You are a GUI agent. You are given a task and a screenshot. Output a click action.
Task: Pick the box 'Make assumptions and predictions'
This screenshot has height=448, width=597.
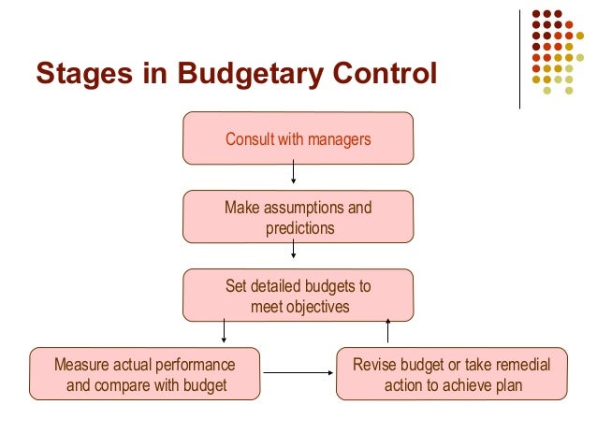tap(298, 216)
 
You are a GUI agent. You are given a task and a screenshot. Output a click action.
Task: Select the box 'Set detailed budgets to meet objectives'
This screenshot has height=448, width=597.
tap(298, 295)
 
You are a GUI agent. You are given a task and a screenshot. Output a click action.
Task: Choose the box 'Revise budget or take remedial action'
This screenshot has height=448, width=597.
tap(451, 374)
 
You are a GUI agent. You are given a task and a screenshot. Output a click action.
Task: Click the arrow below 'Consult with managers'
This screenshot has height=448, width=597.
tap(294, 173)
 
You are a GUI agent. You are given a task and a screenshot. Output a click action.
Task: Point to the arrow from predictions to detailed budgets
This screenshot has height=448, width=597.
tap(294, 250)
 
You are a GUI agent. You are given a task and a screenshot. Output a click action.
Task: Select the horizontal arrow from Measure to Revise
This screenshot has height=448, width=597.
tap(299, 373)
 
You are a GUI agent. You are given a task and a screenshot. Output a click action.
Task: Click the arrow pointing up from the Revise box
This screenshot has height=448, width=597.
tap(387, 329)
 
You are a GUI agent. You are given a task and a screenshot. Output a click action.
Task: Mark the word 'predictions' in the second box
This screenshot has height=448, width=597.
tap(299, 227)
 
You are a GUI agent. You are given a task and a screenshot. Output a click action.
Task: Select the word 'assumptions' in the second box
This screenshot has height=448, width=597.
tap(309, 208)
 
